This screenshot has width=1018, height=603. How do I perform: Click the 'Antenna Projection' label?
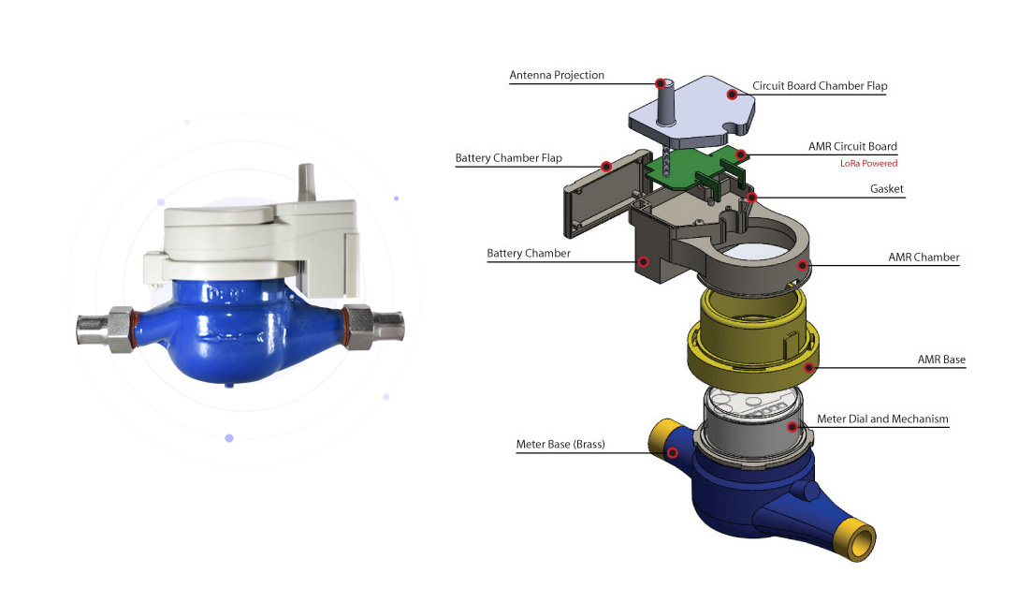557,75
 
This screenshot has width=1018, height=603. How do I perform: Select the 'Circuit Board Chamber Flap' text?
820,86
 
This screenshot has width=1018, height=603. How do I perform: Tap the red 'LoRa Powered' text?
868,163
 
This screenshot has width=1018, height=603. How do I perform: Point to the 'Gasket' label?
887,189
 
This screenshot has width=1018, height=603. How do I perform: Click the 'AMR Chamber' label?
923,257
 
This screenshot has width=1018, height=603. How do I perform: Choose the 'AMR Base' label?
941,360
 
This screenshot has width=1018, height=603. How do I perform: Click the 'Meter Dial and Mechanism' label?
882,419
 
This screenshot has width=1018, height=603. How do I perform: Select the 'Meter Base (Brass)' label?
560,445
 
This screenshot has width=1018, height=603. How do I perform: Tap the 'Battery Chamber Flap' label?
508,158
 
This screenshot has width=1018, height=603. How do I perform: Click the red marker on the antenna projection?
661,83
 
